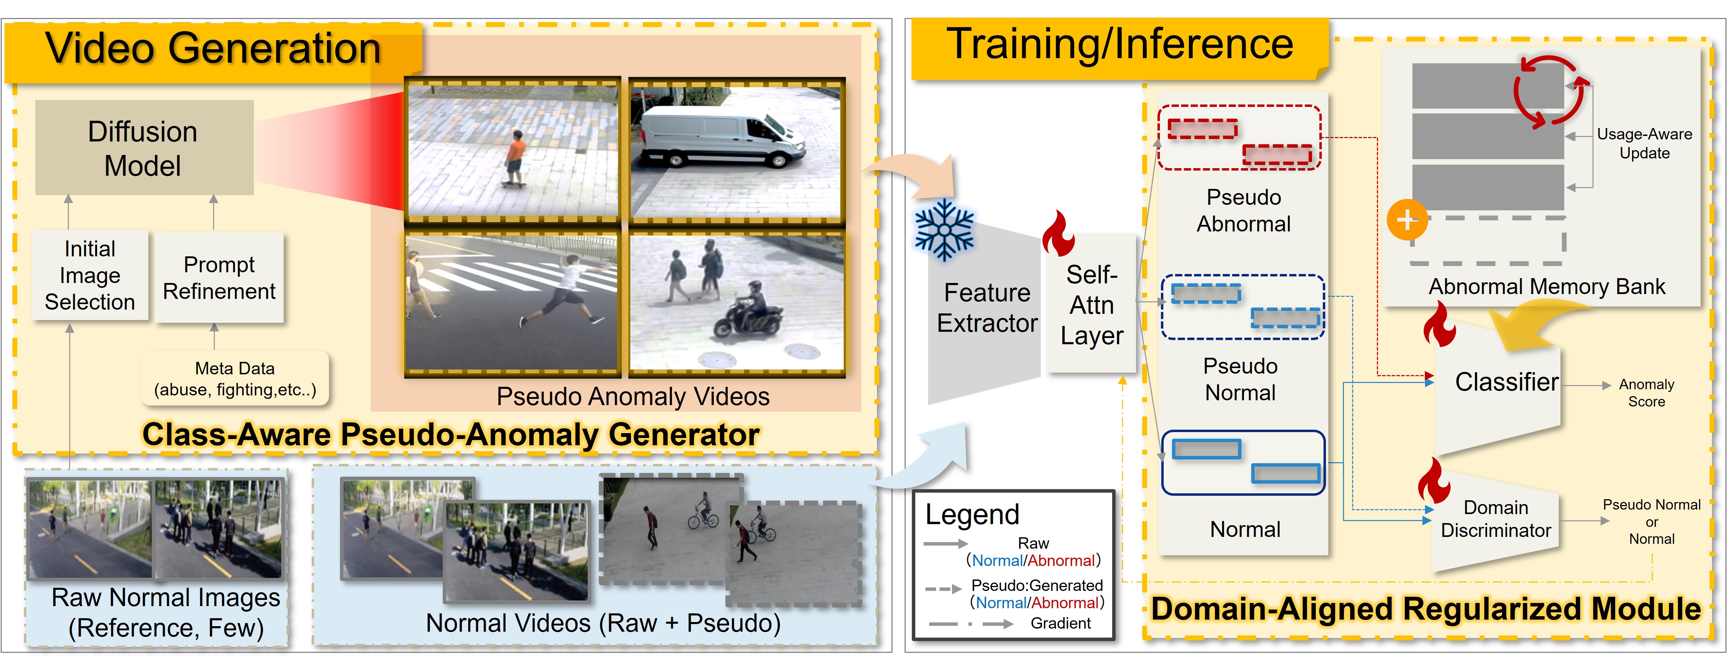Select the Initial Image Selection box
click(x=90, y=275)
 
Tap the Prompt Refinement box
click(x=219, y=277)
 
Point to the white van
click(x=722, y=136)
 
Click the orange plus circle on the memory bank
click(x=1407, y=220)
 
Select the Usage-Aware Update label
click(x=1644, y=143)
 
